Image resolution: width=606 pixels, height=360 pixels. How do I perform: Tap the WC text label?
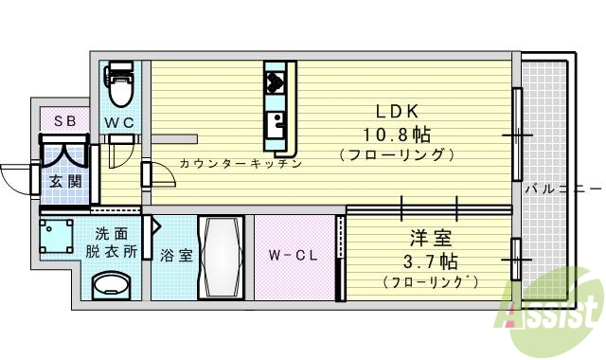click(118, 122)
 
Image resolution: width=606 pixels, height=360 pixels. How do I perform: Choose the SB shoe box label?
click(64, 120)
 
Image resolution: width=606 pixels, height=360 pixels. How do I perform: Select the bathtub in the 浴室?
click(221, 257)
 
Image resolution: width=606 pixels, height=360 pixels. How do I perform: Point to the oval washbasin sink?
click(112, 285)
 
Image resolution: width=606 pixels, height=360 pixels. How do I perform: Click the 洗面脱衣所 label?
click(112, 243)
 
